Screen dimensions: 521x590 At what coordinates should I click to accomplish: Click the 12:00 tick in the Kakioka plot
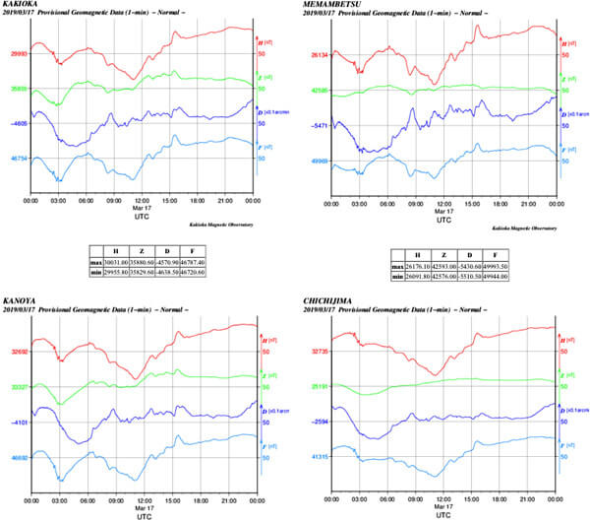(x=143, y=200)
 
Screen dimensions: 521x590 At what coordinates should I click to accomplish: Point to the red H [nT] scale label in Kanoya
(x=266, y=338)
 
